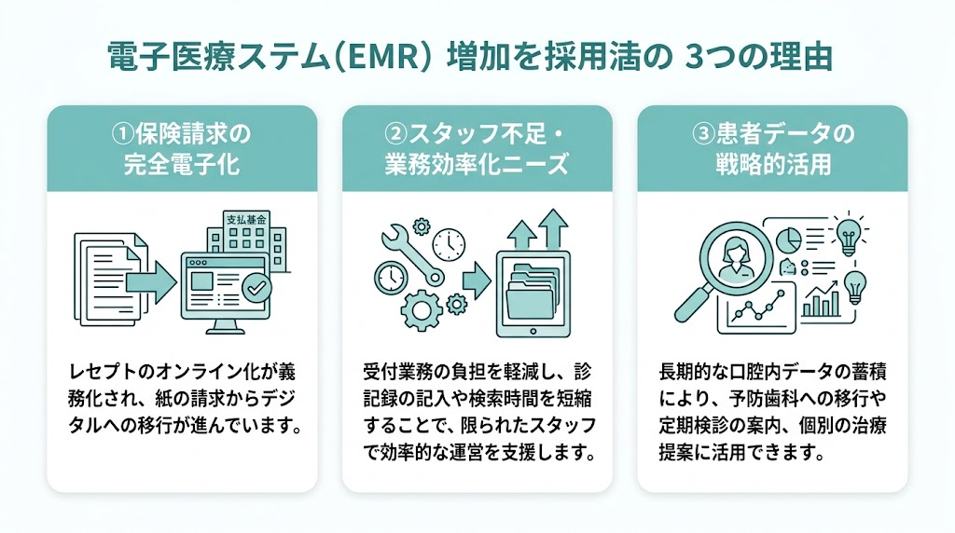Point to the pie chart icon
(787, 239)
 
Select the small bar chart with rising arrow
(821, 297)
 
